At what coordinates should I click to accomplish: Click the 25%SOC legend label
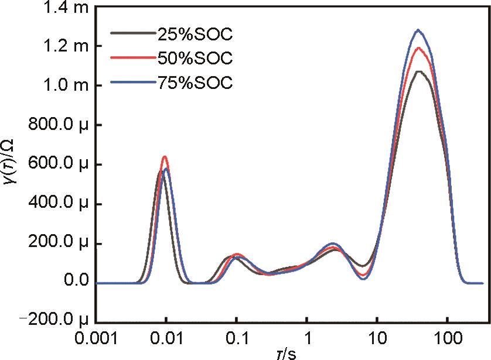pyautogui.click(x=195, y=35)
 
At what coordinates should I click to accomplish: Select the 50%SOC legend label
pyautogui.click(x=195, y=59)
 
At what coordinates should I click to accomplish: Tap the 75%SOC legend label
pyautogui.click(x=195, y=83)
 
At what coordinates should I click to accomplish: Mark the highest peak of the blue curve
pyautogui.click(x=418, y=30)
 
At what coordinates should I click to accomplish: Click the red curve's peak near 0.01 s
pyautogui.click(x=165, y=157)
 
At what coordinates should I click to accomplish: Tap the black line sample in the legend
pyautogui.click(x=132, y=35)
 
